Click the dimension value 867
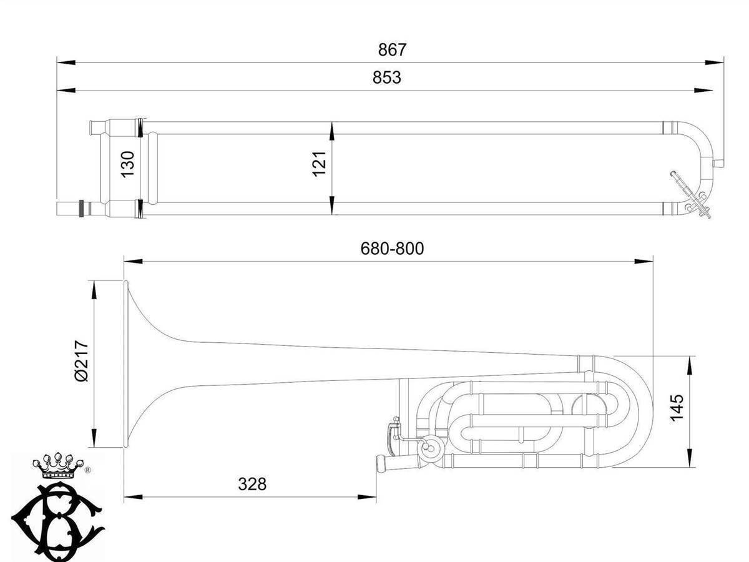pos(392,50)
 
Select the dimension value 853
pos(386,77)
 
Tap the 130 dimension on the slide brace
pos(128,164)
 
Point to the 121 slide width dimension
pos(320,164)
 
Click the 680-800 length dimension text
pos(392,249)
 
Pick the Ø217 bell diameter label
pos(81,360)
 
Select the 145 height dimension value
pos(677,408)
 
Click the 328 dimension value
pos(252,484)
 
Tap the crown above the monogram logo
pos(58,465)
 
